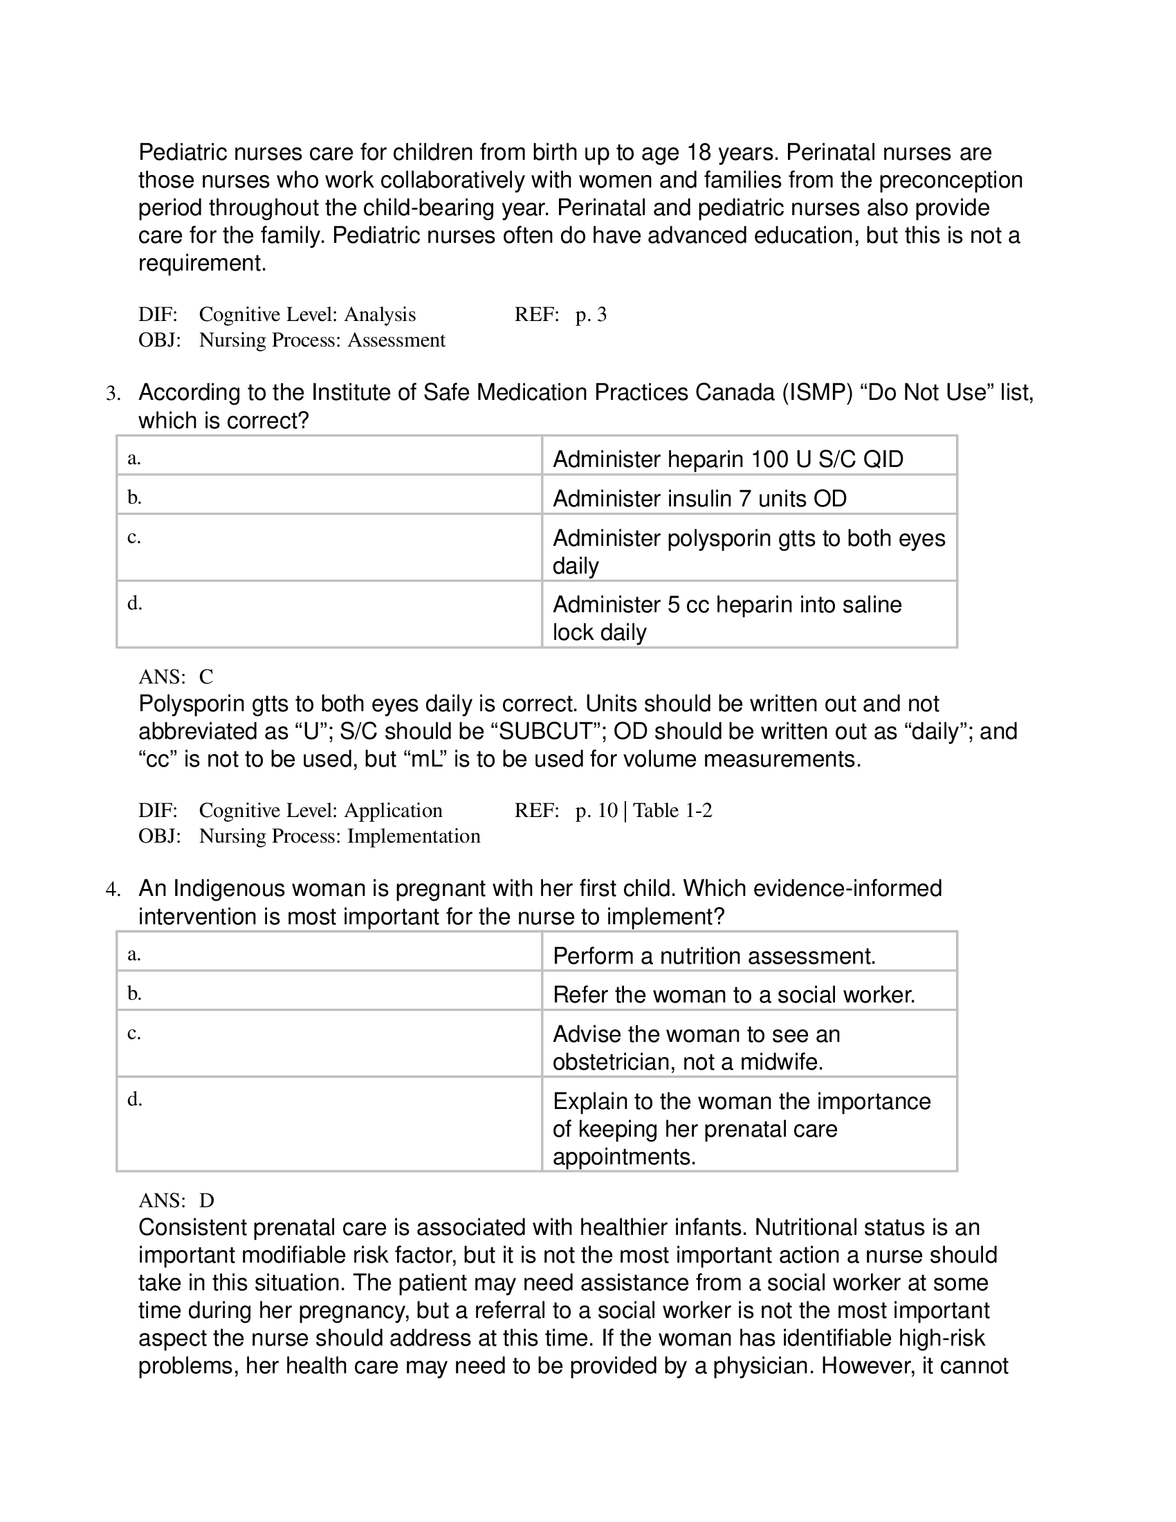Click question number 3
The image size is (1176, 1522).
pyautogui.click(x=113, y=394)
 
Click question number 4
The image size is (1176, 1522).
pyautogui.click(x=113, y=889)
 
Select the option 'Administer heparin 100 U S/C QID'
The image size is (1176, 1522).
pyautogui.click(x=727, y=459)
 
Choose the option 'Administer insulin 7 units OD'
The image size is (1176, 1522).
pyautogui.click(x=699, y=498)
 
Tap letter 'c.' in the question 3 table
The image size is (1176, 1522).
pyautogui.click(x=134, y=537)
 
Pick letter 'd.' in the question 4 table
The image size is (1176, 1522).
pyautogui.click(x=134, y=1099)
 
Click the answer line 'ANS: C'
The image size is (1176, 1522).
pyautogui.click(x=176, y=677)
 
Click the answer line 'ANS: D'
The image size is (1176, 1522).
pyautogui.click(x=176, y=1200)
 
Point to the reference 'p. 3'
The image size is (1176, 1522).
pyautogui.click(x=591, y=314)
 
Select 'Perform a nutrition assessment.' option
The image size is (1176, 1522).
pyautogui.click(x=713, y=955)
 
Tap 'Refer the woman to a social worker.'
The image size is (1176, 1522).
pyautogui.click(x=733, y=994)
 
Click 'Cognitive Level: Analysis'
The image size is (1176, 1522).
pyautogui.click(x=306, y=314)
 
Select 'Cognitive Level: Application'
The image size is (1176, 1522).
pyautogui.click(x=320, y=810)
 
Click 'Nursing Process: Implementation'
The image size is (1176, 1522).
pyautogui.click(x=339, y=836)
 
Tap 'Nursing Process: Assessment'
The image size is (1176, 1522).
pyautogui.click(x=322, y=340)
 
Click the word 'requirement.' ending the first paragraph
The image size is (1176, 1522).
pyautogui.click(x=202, y=264)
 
